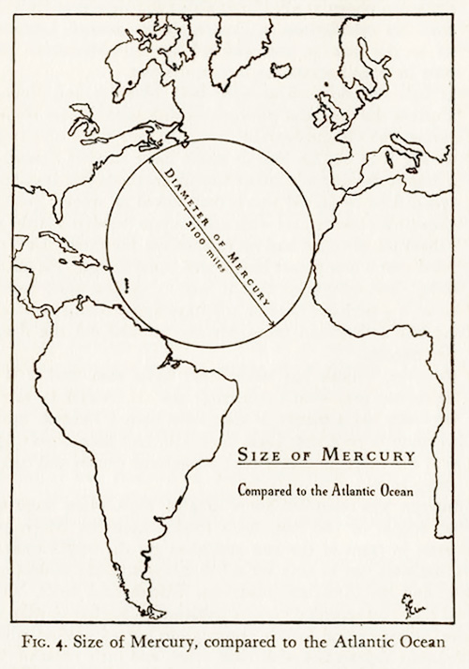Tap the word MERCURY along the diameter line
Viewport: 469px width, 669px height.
tap(246, 276)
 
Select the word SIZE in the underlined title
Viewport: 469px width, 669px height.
tap(254, 455)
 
